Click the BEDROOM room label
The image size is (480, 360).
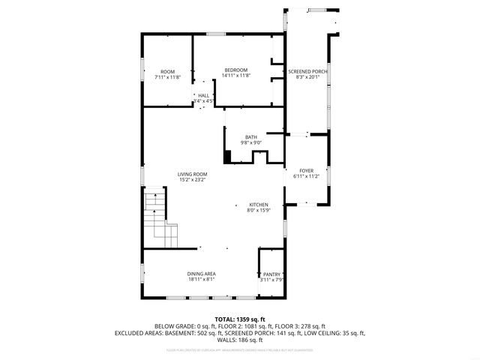coord(235,70)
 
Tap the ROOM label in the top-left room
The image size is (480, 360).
coord(167,72)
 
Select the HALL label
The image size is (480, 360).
coord(203,95)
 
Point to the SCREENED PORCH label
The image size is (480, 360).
coord(307,71)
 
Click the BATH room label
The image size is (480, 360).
coord(250,136)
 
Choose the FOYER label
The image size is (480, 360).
coord(306,171)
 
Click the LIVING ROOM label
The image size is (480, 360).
coord(193,174)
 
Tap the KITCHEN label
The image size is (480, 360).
coord(259,205)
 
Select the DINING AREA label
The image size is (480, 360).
coord(201,274)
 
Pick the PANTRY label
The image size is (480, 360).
coord(271,274)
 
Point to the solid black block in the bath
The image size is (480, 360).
coord(227,157)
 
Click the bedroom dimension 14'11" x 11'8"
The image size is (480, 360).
coord(235,76)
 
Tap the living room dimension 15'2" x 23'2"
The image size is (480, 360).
coord(193,180)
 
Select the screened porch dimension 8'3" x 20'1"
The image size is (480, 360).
coord(307,76)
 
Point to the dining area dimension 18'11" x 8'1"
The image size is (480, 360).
coord(201,280)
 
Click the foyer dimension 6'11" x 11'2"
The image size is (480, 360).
coord(306,177)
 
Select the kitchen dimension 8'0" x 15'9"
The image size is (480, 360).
coord(259,211)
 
